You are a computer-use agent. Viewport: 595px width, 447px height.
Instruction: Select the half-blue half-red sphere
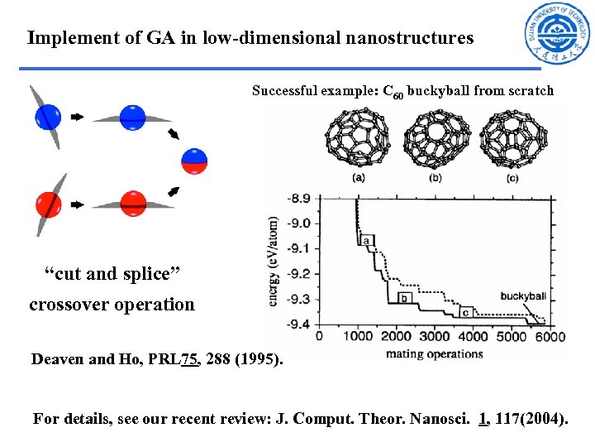(x=194, y=161)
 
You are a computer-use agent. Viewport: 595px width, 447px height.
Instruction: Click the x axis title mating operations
(x=434, y=354)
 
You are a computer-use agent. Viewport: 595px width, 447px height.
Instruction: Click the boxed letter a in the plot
(x=365, y=240)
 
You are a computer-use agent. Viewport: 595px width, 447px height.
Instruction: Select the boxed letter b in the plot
(x=404, y=297)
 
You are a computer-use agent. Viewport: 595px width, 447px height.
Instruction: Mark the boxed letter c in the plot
(x=466, y=312)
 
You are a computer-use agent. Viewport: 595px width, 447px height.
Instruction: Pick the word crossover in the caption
(x=69, y=304)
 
